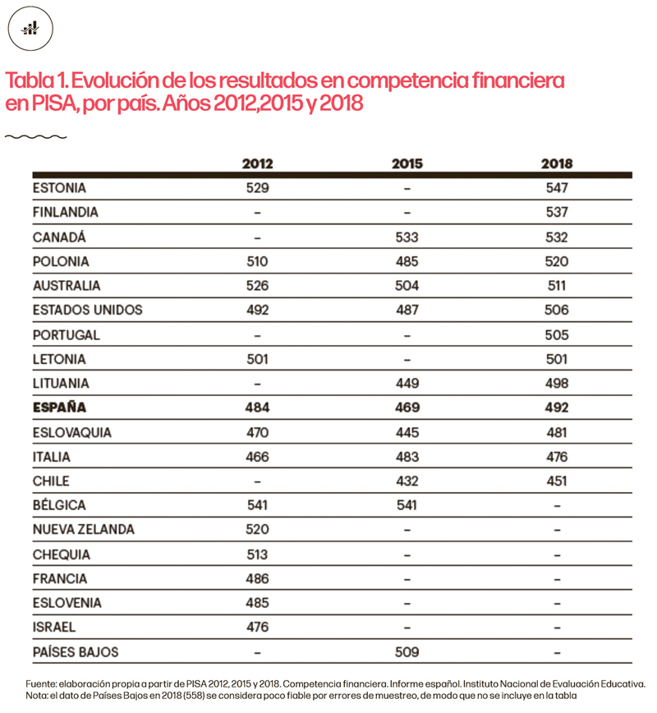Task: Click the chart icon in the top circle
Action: (30, 29)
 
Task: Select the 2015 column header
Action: (407, 163)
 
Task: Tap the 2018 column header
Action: (557, 163)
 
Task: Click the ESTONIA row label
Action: (59, 188)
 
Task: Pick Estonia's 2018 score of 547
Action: (557, 188)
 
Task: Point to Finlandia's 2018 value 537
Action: (557, 212)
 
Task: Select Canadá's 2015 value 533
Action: (407, 237)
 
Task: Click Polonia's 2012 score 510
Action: (258, 261)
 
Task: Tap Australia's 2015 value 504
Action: (407, 286)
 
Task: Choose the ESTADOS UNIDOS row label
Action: (87, 310)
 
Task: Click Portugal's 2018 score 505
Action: (557, 335)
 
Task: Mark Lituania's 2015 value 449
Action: (407, 384)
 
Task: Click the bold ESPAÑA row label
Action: (59, 407)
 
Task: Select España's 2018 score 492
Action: (557, 407)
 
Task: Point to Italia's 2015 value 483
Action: (407, 457)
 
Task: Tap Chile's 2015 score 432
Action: (407, 481)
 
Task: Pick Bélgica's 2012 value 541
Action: (258, 505)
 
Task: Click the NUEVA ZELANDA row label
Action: (84, 530)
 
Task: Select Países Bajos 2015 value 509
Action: (407, 652)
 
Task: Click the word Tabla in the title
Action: (29, 81)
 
